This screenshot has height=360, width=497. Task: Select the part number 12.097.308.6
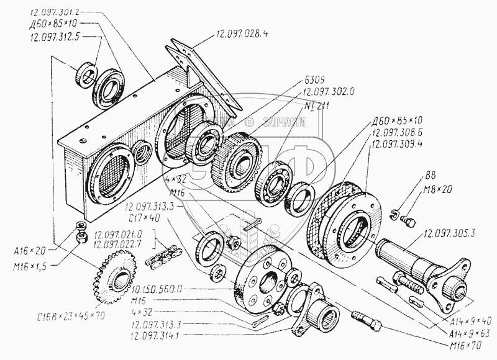[x=398, y=133]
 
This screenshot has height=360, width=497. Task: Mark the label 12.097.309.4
[x=398, y=143]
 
